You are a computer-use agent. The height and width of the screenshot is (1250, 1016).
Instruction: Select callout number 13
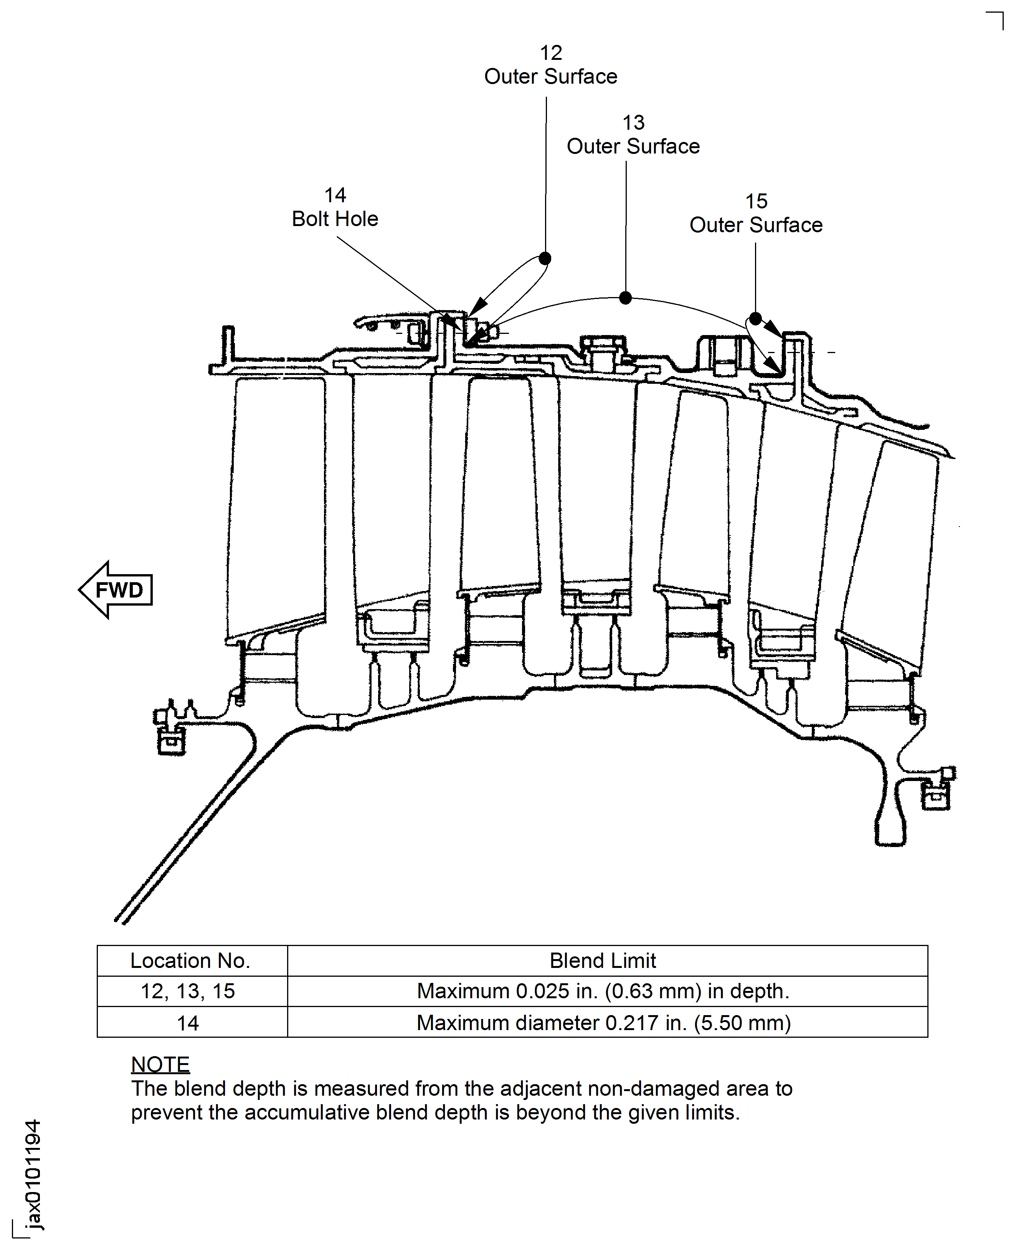(633, 123)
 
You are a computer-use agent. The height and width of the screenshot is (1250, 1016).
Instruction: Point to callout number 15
(756, 201)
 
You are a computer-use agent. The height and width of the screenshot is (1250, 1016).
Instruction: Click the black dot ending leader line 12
(545, 258)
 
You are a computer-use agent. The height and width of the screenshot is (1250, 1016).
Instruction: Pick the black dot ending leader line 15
(755, 319)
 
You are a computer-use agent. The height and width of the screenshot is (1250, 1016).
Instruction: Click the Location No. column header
(190, 961)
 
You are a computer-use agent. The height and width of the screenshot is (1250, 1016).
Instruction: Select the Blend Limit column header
(603, 961)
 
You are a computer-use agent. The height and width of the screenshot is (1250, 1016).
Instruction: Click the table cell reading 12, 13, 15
(188, 991)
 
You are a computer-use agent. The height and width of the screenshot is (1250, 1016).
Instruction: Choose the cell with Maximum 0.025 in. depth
(603, 991)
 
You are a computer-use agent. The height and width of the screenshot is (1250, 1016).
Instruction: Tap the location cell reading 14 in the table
(188, 1023)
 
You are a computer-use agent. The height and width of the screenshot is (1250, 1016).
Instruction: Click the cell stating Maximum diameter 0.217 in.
(603, 1023)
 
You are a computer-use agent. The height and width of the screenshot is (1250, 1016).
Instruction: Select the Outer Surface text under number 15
(756, 225)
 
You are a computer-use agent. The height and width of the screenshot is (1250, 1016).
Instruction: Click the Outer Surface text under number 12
(551, 77)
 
